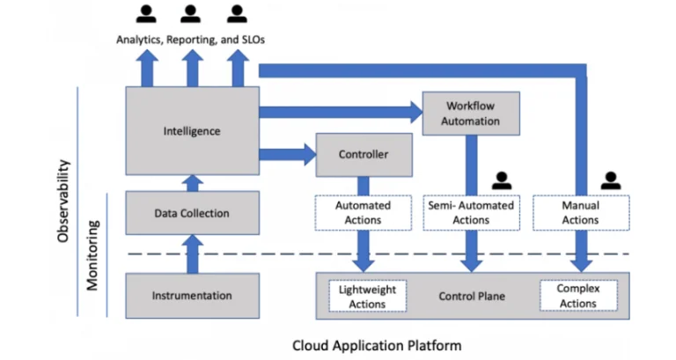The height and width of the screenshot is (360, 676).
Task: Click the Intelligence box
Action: pyautogui.click(x=192, y=130)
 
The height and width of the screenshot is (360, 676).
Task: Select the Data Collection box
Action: pyautogui.click(x=192, y=213)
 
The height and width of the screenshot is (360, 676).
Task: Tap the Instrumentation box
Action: pyautogui.click(x=192, y=296)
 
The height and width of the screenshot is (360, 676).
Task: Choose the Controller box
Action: pyautogui.click(x=364, y=155)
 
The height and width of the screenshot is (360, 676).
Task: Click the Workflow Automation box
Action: pyautogui.click(x=471, y=112)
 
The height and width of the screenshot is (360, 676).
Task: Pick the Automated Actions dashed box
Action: pyautogui.click(x=364, y=212)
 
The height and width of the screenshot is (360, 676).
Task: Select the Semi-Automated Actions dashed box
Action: pyautogui.click(x=471, y=212)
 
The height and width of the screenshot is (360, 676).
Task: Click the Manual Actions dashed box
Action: pyautogui.click(x=580, y=212)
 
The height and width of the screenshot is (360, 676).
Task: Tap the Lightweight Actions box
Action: pyautogui.click(x=368, y=296)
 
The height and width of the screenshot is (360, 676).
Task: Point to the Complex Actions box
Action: pyautogui.click(x=578, y=296)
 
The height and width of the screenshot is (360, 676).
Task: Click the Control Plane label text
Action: pyautogui.click(x=472, y=297)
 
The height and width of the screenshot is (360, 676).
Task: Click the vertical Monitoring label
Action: pyautogui.click(x=93, y=254)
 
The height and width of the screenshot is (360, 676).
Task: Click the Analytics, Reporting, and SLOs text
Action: pyautogui.click(x=189, y=40)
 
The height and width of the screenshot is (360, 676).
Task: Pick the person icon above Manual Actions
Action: pyautogui.click(x=610, y=180)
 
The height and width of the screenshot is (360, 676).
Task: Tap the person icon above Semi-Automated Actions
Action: pyautogui.click(x=502, y=180)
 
